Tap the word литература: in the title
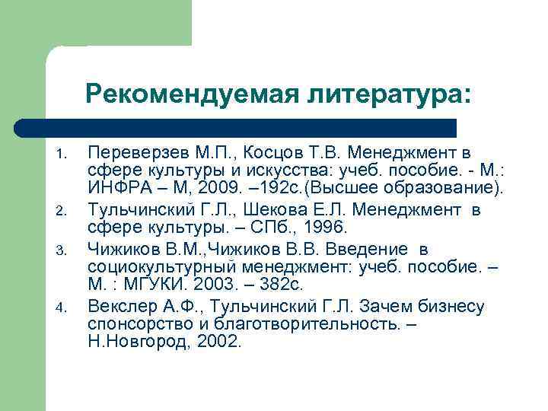pyautogui.click(x=390, y=94)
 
